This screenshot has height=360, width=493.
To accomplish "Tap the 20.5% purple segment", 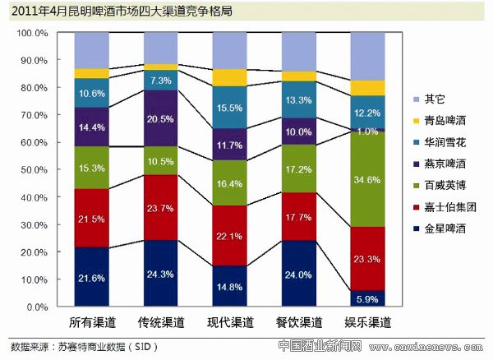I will click(x=161, y=118).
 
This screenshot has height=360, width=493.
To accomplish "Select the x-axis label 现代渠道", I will click(x=230, y=321).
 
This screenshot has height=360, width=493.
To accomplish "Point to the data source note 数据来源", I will click(x=82, y=346).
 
